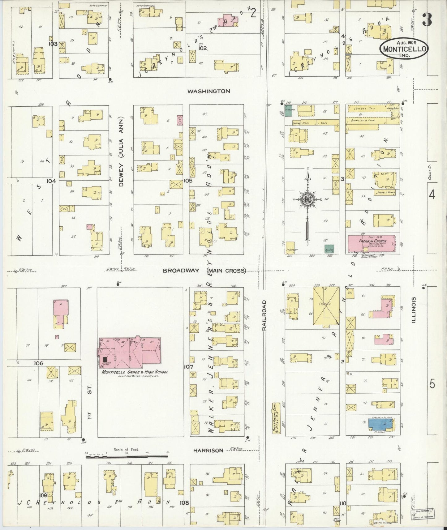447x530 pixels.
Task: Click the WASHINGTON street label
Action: coord(208,91)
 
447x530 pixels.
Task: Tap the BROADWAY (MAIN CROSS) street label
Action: coord(204,271)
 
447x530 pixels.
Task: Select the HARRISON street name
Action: coord(208,451)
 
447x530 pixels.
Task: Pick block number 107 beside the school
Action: coord(188,367)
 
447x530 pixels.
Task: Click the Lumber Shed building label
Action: coord(365,109)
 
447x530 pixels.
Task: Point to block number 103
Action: coord(53,44)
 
